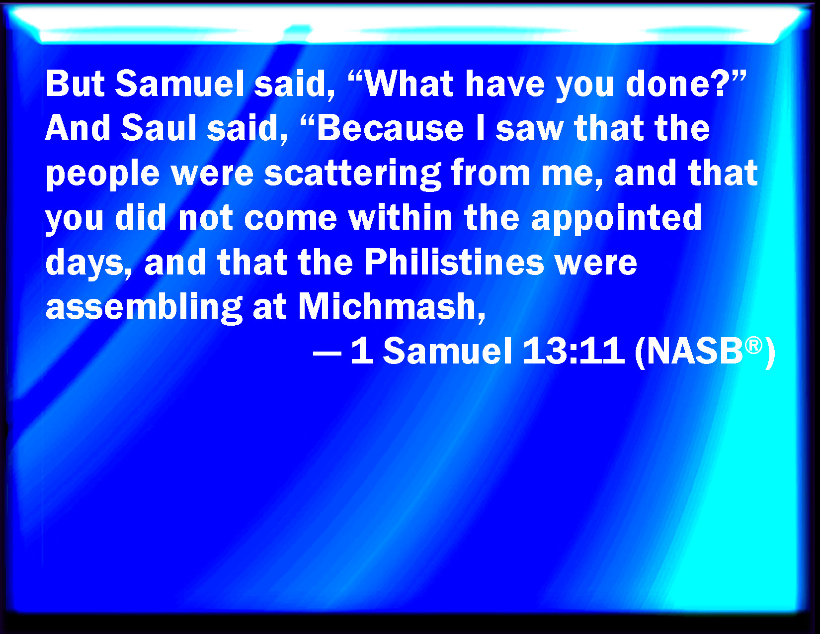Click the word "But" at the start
click(75, 84)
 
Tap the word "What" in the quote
click(409, 84)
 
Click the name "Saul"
click(159, 128)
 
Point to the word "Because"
click(391, 128)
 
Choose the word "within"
click(401, 217)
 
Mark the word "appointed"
click(616, 219)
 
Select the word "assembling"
click(144, 308)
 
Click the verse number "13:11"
click(574, 351)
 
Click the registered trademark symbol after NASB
click(753, 346)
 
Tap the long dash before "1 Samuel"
click(327, 355)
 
